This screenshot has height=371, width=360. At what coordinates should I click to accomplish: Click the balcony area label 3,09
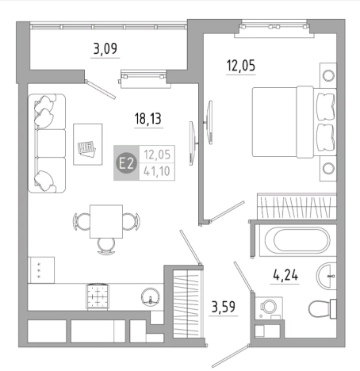pyautogui.click(x=105, y=49)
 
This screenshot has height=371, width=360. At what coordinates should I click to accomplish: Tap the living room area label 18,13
pyautogui.click(x=148, y=118)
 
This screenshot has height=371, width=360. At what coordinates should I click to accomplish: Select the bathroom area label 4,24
pyautogui.click(x=285, y=275)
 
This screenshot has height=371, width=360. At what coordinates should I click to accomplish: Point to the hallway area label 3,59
pyautogui.click(x=224, y=307)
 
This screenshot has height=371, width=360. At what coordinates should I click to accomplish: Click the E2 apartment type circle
pyautogui.click(x=127, y=163)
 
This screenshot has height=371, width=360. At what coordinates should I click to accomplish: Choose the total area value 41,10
pyautogui.click(x=157, y=171)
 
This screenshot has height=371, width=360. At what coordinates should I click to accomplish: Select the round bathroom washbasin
pyautogui.click(x=327, y=276)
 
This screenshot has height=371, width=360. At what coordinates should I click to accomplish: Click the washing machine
pyautogui.click(x=269, y=308)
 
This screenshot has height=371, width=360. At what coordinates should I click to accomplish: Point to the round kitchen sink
pyautogui.click(x=151, y=297)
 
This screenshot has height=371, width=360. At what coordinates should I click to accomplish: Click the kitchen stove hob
pyautogui.click(x=98, y=296)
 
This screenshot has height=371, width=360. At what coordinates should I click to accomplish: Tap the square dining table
pyautogui.click(x=106, y=221)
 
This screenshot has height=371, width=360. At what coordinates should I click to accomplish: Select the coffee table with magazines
pyautogui.click(x=88, y=144)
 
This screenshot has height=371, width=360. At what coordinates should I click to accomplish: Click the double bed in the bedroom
pyautogui.click(x=294, y=122)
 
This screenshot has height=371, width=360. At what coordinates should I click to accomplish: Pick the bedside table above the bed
pyautogui.click(x=328, y=75)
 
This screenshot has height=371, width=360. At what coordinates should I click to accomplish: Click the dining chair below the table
pyautogui.click(x=106, y=246)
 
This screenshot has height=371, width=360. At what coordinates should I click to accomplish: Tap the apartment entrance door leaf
pyautogui.click(x=230, y=356)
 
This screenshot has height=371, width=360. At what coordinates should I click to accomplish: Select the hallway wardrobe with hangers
pyautogui.click(x=186, y=304)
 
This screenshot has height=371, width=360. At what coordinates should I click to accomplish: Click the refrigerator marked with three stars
pyautogui.click(x=41, y=270)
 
